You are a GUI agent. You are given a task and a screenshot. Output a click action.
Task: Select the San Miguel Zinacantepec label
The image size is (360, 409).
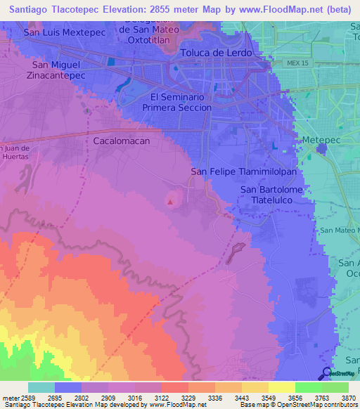click(x=58, y=70)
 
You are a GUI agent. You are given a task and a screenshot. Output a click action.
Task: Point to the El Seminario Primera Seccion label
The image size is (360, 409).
click(x=176, y=102)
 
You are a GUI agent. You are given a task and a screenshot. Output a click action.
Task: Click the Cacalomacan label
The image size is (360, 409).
click(x=122, y=141)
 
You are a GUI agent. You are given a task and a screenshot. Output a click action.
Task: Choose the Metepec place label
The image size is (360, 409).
click(x=321, y=141)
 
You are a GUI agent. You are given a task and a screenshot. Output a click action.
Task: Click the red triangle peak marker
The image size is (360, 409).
click(x=170, y=202)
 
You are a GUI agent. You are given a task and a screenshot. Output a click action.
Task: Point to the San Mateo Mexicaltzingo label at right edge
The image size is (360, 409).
click(x=340, y=231)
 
